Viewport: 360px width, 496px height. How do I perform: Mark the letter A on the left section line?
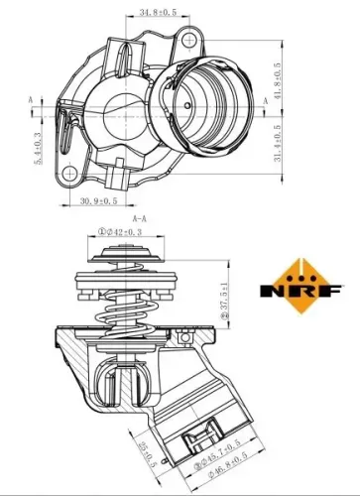point(31,100)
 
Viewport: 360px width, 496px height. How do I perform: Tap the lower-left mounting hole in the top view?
point(68,175)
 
